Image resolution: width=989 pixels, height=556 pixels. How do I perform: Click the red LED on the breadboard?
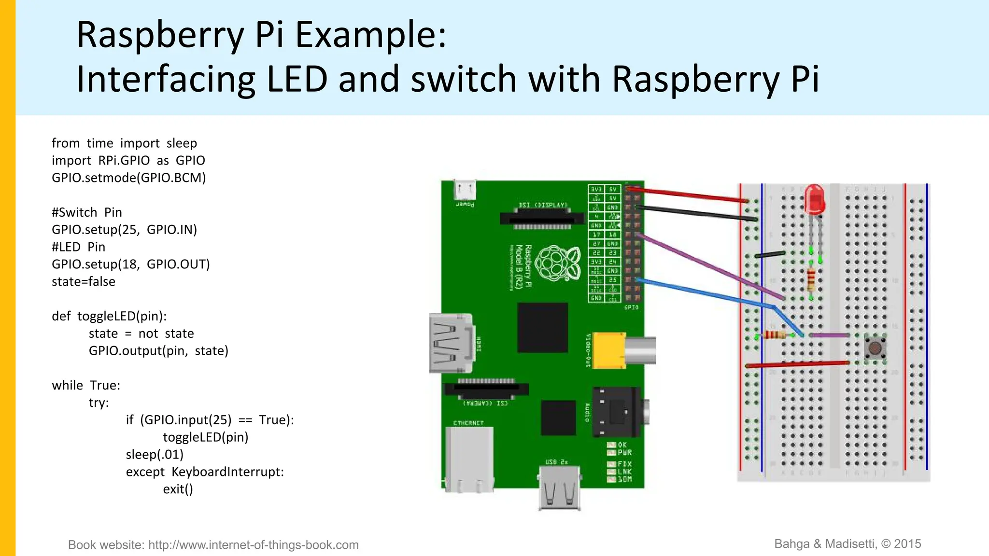[814, 199]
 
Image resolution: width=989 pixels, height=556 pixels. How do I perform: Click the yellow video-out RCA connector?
[609, 350]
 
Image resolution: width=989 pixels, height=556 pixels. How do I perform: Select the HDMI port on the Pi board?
[450, 343]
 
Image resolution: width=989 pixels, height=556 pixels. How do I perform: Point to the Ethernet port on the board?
[469, 459]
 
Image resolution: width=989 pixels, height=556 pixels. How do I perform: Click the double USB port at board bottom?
[559, 487]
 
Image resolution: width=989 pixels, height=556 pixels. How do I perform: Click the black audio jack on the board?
[618, 412]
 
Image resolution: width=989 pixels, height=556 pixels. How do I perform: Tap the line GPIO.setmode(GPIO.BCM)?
[128, 178]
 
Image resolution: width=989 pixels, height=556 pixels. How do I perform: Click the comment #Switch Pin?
[87, 212]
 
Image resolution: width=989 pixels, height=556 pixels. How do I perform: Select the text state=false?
[84, 282]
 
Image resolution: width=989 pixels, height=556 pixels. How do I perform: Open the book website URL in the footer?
[253, 545]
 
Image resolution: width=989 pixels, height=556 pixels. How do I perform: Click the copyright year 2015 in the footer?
[907, 544]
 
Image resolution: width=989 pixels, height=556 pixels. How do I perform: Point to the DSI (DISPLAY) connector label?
[543, 205]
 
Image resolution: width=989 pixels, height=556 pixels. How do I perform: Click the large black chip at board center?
[542, 327]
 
